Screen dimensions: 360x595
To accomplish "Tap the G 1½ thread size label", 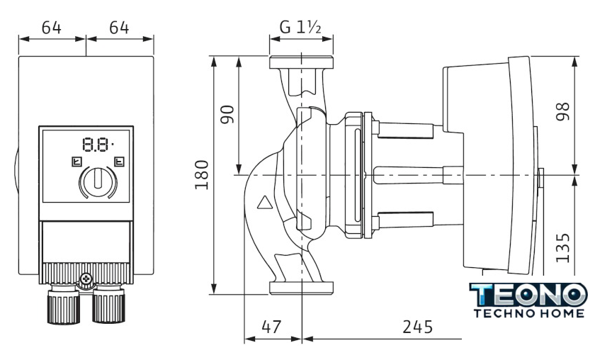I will (300, 27).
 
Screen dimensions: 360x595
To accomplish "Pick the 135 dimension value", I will (564, 247).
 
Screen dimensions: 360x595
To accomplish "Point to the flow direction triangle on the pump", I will (264, 205).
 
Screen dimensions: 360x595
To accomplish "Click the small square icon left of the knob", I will (76, 162).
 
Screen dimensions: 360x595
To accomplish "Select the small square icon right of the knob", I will (118, 162).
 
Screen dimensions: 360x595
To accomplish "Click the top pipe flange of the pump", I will (300, 62).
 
